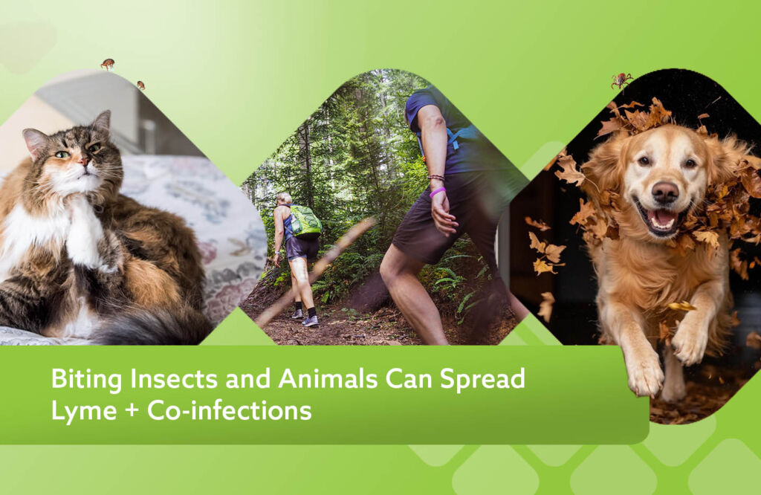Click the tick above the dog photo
pyautogui.click(x=621, y=80)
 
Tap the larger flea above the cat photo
pyautogui.click(x=108, y=64)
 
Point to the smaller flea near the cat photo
pyautogui.click(x=140, y=85)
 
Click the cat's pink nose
pyautogui.click(x=84, y=161)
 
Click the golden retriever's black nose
pyautogui.click(x=665, y=192)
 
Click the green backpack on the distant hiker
pyautogui.click(x=305, y=221)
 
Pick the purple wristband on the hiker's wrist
pyautogui.click(x=437, y=192)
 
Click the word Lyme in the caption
pyautogui.click(x=84, y=412)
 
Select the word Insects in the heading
pyautogui.click(x=174, y=378)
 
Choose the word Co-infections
pyautogui.click(x=229, y=410)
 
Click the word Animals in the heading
pyautogui.click(x=328, y=378)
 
